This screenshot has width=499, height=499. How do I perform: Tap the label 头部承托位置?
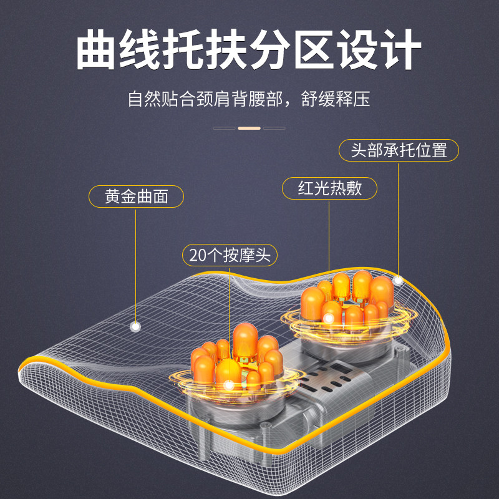399,150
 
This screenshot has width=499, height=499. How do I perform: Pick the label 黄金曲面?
137,196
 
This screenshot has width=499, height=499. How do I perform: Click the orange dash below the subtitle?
249,128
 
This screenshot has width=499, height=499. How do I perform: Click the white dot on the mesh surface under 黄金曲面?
135,326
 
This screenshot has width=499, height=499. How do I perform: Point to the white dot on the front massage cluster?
229,385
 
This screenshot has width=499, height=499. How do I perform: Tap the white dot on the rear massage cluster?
329,317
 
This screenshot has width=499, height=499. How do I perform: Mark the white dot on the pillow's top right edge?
398,281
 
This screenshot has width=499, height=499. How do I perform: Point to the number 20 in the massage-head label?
196,255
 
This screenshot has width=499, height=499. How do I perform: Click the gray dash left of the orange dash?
224,128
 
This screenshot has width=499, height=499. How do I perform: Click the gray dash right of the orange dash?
274,128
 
